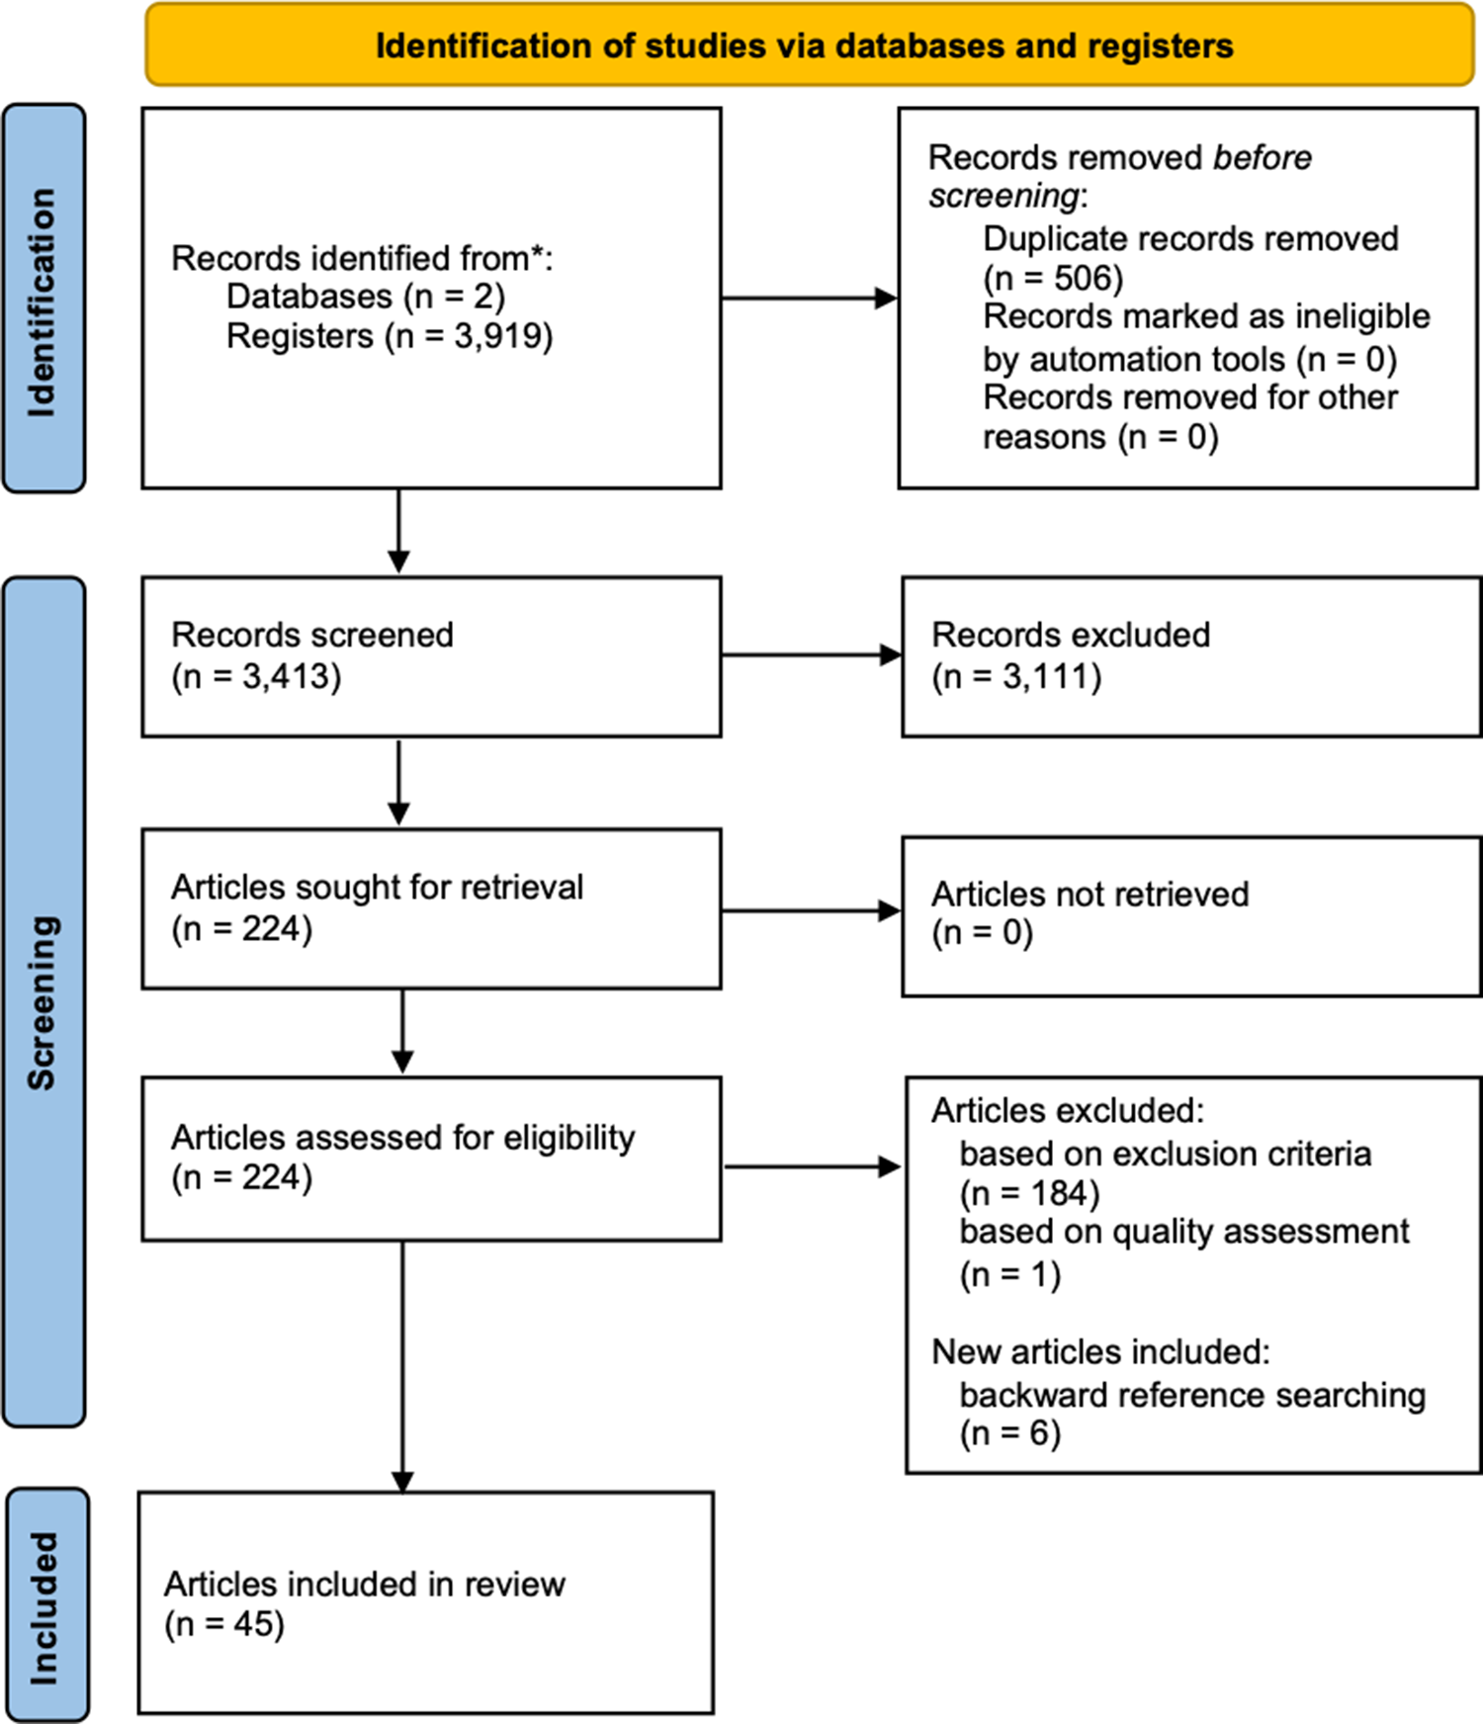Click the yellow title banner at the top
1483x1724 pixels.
point(810,44)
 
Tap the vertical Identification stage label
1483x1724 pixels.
point(44,299)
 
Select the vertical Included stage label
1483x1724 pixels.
point(45,1606)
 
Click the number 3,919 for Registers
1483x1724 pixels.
point(499,336)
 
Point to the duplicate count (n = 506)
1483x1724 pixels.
point(1053,279)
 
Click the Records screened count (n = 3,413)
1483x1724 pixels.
point(256,677)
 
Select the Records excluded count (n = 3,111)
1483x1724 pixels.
point(1016,677)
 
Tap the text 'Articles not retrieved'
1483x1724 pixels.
point(1090,894)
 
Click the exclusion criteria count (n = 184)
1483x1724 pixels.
point(1029,1194)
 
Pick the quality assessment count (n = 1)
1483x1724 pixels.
point(1009,1275)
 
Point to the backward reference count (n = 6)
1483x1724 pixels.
point(1009,1433)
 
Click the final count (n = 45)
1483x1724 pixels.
point(224,1624)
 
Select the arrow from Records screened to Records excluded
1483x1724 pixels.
point(812,654)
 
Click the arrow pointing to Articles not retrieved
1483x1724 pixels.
point(812,911)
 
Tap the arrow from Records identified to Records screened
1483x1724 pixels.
point(398,531)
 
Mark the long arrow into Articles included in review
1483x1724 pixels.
point(402,1366)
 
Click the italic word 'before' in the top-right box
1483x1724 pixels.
point(1263,157)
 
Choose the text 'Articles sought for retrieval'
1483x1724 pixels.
point(377,887)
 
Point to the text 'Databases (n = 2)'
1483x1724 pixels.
point(366,297)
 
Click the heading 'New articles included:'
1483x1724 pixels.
point(1100,1351)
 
